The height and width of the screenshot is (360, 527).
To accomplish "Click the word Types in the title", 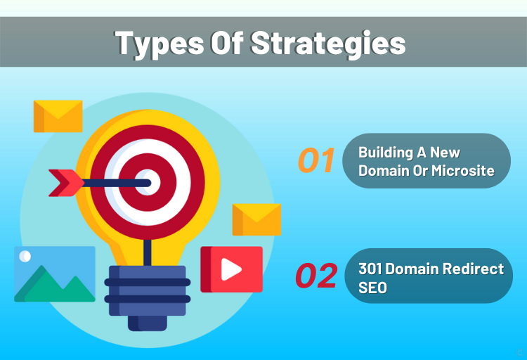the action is (x=160, y=44).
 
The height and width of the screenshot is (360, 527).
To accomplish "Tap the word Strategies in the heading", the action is (x=328, y=44).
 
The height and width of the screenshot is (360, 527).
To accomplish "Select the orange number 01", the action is (x=316, y=160).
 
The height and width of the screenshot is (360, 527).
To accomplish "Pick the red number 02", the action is (x=316, y=276).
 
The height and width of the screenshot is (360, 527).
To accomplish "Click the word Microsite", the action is (x=463, y=171).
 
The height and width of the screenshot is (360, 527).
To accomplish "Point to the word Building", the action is (x=386, y=153).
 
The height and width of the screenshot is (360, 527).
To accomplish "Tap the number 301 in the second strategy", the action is (x=370, y=269).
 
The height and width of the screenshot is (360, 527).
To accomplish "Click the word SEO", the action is (x=372, y=288).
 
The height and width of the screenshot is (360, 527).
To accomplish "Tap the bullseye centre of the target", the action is (x=148, y=182).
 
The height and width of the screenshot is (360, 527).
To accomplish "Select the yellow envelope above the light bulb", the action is (x=58, y=116).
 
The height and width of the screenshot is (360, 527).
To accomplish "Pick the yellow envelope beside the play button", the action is (x=256, y=219).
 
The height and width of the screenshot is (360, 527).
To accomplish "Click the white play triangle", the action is (x=230, y=269).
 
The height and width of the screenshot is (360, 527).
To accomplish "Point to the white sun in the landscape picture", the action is (x=25, y=257).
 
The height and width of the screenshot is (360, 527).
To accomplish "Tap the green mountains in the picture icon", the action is (x=54, y=286).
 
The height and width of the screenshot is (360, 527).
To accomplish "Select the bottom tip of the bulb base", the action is (x=148, y=330).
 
